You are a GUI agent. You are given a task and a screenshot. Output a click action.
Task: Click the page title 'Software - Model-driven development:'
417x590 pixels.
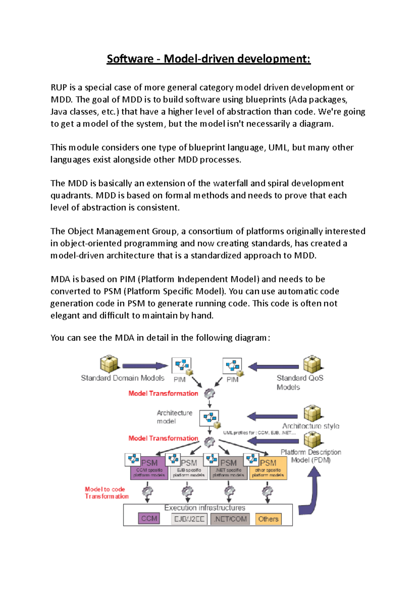click(208, 59)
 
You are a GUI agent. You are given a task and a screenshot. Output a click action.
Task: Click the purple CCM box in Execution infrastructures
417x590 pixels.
click(149, 518)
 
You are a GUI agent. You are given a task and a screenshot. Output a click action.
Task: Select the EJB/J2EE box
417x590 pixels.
click(189, 519)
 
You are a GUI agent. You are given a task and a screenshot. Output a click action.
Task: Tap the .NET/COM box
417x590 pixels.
click(230, 519)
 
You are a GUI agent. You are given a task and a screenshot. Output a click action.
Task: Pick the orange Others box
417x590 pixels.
click(268, 519)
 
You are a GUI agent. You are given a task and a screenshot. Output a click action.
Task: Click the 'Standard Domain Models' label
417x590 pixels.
click(122, 378)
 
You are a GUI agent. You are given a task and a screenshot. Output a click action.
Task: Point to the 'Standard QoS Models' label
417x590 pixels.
click(300, 382)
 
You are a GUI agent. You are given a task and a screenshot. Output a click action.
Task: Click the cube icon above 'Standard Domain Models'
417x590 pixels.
click(109, 364)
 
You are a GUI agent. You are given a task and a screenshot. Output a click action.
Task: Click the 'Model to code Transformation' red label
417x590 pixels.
click(106, 493)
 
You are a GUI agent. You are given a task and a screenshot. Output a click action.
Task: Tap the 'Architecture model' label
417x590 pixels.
click(174, 417)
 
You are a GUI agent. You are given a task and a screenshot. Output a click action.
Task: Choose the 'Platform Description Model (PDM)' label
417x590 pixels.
click(311, 456)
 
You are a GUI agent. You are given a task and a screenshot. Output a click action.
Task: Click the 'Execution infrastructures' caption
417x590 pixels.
click(205, 508)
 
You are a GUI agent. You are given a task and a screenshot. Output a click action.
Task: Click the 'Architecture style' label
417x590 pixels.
click(311, 426)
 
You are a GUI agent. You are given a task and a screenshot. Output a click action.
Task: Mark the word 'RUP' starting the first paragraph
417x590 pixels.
click(58, 88)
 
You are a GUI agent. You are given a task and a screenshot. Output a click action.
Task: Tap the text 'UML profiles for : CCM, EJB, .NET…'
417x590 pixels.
click(259, 433)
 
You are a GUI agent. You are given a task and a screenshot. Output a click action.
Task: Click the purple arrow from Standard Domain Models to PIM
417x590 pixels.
click(145, 366)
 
